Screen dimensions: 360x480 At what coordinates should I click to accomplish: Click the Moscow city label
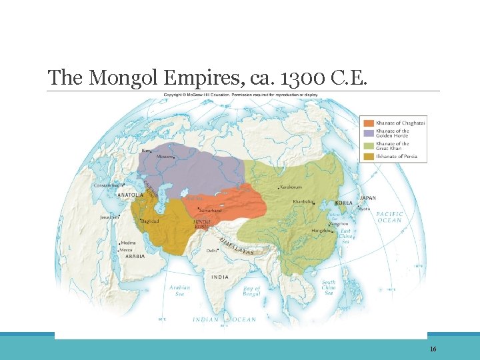(165, 157)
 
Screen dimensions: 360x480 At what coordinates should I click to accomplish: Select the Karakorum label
(291, 187)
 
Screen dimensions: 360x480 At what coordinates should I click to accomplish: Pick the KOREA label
(343, 203)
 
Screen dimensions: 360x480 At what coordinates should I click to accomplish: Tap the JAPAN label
(368, 198)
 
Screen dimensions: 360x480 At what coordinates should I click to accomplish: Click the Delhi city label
(211, 251)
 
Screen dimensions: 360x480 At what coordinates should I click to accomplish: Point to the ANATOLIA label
(131, 195)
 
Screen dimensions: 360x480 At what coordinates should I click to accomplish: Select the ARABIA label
(135, 256)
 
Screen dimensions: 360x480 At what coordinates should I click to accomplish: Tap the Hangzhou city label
(321, 231)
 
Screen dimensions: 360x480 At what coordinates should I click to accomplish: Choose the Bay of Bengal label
(252, 291)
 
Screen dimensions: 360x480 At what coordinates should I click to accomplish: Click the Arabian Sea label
(180, 291)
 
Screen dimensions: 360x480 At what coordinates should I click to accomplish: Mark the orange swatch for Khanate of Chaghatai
(368, 123)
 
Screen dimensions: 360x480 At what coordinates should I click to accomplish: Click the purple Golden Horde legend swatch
(368, 133)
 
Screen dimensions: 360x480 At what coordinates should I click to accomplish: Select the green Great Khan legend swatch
(368, 145)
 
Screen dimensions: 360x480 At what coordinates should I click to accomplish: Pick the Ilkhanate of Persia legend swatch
(368, 157)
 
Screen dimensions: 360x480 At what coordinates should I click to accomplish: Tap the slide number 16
(433, 349)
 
